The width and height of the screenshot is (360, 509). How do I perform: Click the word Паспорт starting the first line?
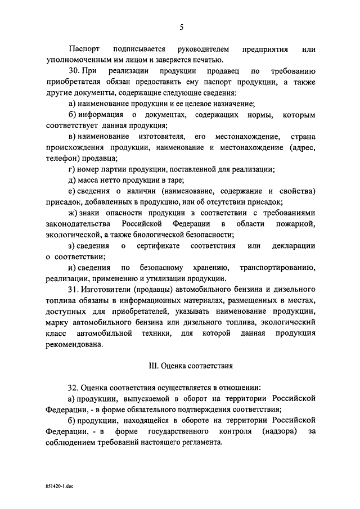point(84,49)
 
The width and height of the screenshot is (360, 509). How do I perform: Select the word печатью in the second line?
point(208,60)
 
